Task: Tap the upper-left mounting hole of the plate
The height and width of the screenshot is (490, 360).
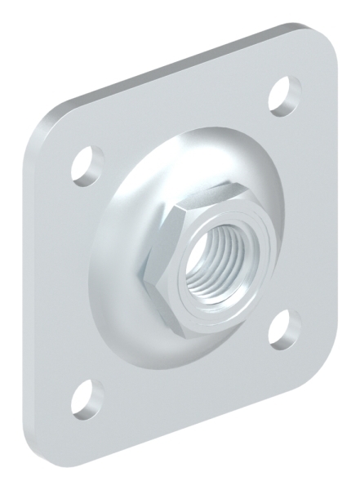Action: click(x=83, y=163)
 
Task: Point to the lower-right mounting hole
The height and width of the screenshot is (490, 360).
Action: click(x=285, y=327)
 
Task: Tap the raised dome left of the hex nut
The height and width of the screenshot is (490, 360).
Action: click(x=122, y=253)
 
